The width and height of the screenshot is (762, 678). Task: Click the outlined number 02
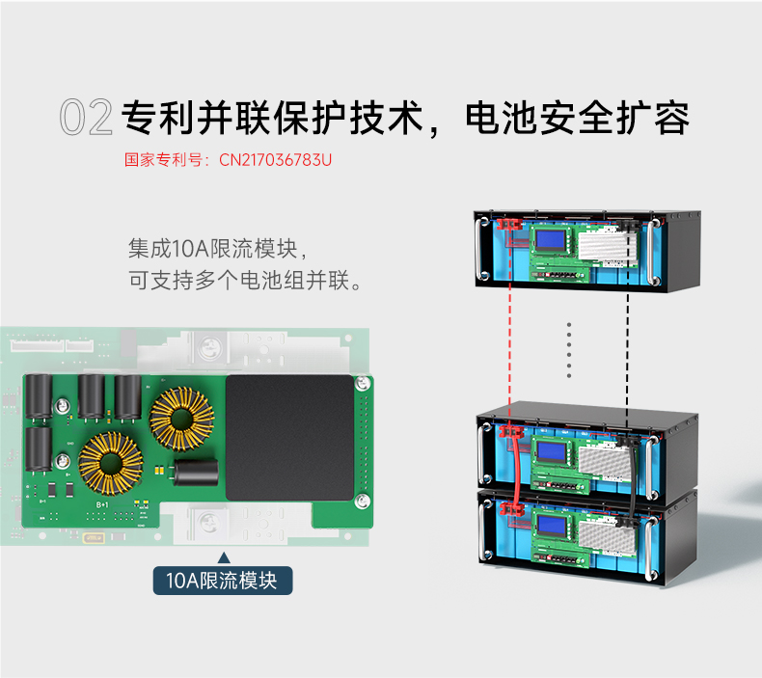(86, 118)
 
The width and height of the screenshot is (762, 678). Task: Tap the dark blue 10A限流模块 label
(222, 581)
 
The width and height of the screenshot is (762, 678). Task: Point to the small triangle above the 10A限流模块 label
(224, 557)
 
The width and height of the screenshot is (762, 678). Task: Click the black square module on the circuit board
(289, 437)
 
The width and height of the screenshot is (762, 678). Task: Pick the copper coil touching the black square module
(183, 418)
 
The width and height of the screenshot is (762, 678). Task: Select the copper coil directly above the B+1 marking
(112, 464)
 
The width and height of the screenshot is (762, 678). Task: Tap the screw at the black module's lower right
(362, 499)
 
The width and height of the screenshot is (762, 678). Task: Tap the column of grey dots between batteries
(569, 351)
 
